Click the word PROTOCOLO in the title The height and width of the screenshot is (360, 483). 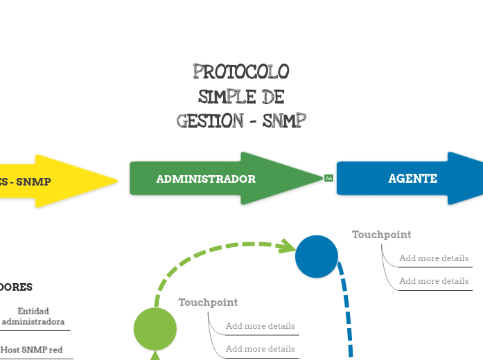pos(241,72)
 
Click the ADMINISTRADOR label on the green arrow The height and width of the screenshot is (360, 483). pos(206,179)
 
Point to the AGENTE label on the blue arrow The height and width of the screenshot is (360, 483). pos(412,179)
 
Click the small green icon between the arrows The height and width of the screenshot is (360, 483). pos(328,179)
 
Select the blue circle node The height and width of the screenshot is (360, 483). pos(317,257)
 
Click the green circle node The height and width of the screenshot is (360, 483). pos(155,329)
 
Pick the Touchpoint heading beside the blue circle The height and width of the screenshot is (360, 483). pos(381,235)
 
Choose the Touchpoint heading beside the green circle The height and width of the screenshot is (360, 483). pos(208,303)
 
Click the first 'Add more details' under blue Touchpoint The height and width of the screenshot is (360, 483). pos(434,258)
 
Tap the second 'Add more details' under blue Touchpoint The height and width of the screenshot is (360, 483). pos(434,281)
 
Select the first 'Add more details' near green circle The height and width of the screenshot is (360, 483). pos(260,326)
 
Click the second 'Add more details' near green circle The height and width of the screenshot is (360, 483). pos(260,349)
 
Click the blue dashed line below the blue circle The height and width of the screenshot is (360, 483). pos(346,312)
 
